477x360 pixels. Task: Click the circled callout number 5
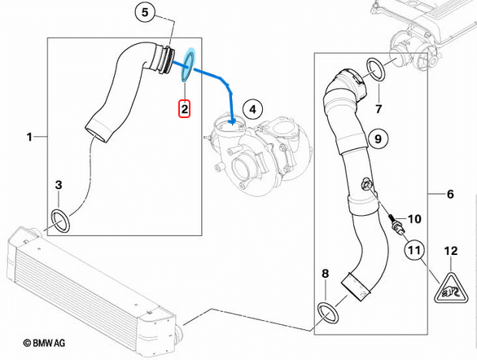click(x=145, y=12)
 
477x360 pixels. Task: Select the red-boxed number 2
click(x=184, y=108)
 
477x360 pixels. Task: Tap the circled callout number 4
click(x=253, y=109)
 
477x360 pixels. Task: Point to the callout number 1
click(x=29, y=137)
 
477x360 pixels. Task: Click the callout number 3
click(x=59, y=185)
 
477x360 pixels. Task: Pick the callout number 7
click(x=379, y=108)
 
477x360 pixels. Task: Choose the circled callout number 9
click(x=378, y=138)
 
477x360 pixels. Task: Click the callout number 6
click(x=450, y=194)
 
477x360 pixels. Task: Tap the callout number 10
click(x=414, y=218)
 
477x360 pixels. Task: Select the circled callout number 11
click(x=414, y=250)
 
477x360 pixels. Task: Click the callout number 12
click(x=451, y=251)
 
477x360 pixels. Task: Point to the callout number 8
click(x=326, y=274)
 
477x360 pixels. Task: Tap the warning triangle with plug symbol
click(x=451, y=290)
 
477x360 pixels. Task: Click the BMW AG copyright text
click(x=44, y=343)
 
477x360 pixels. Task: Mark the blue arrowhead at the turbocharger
click(x=233, y=121)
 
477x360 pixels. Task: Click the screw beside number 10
click(x=395, y=222)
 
